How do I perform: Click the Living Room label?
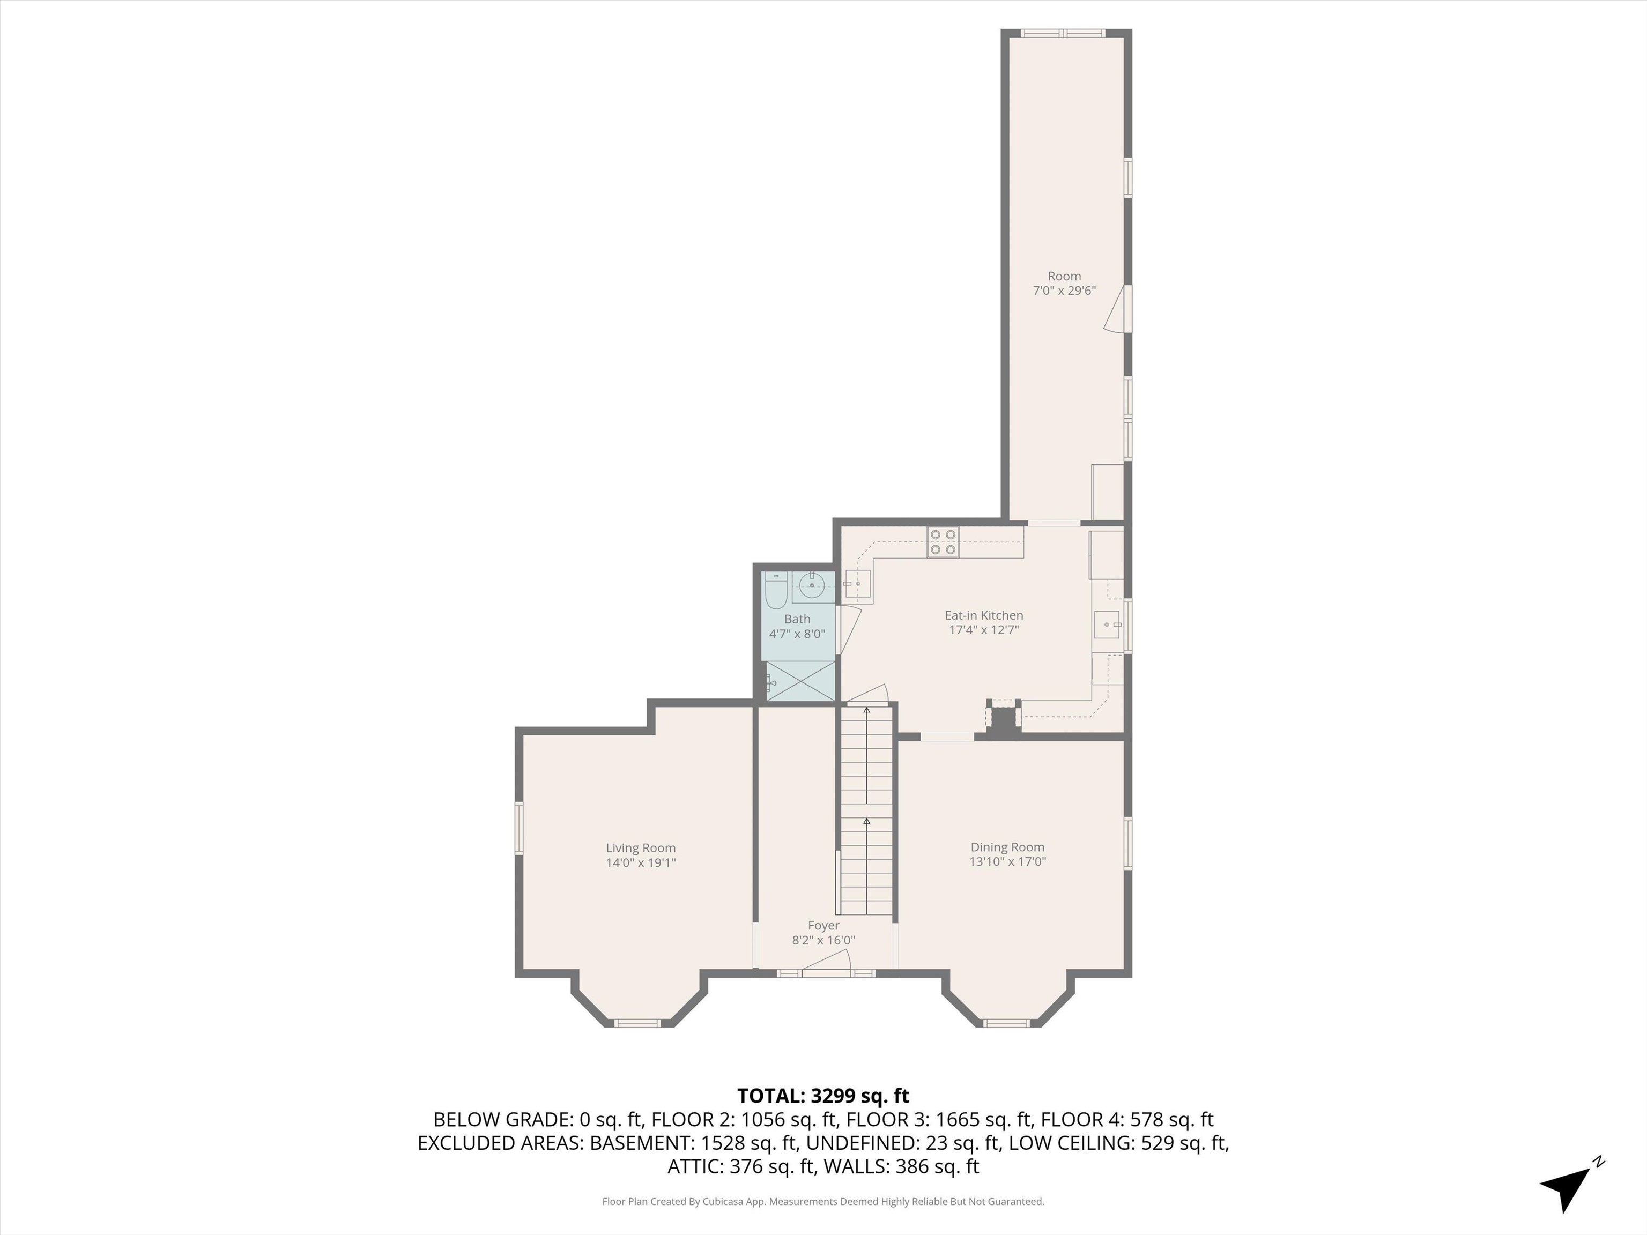point(640,848)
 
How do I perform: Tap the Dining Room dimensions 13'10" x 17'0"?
point(1007,862)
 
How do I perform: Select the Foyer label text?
point(823,925)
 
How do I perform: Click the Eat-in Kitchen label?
point(984,615)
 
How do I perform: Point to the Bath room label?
point(797,619)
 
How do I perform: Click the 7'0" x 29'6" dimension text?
point(1064,291)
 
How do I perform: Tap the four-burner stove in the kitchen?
point(943,542)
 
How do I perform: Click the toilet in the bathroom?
point(776,588)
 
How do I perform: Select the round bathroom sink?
point(812,586)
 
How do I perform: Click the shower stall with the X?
point(800,680)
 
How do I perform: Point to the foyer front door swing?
point(827,963)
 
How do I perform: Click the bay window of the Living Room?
point(638,1023)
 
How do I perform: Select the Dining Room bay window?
point(1007,1023)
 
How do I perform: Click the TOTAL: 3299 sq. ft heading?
point(823,1096)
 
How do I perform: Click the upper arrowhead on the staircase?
point(866,711)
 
